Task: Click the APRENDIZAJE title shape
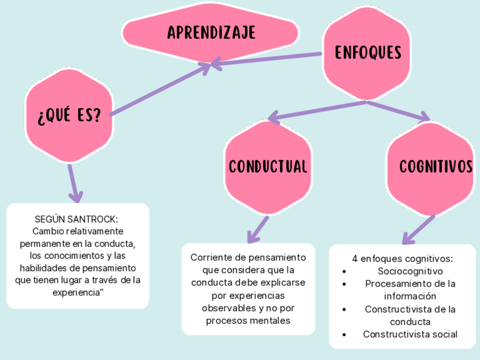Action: (x=211, y=33)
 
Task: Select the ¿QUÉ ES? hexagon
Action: (x=69, y=117)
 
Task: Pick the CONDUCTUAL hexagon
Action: (x=268, y=166)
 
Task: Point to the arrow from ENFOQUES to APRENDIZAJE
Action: (x=266, y=59)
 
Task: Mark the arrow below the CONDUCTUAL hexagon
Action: (x=258, y=229)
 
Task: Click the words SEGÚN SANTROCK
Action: (x=76, y=219)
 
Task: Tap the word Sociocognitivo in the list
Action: (x=410, y=271)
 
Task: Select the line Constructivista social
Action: (x=410, y=334)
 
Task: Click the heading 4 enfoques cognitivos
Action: (x=402, y=259)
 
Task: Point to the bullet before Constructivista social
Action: (x=345, y=335)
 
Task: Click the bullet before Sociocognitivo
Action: (x=345, y=272)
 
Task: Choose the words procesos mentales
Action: (x=248, y=320)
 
